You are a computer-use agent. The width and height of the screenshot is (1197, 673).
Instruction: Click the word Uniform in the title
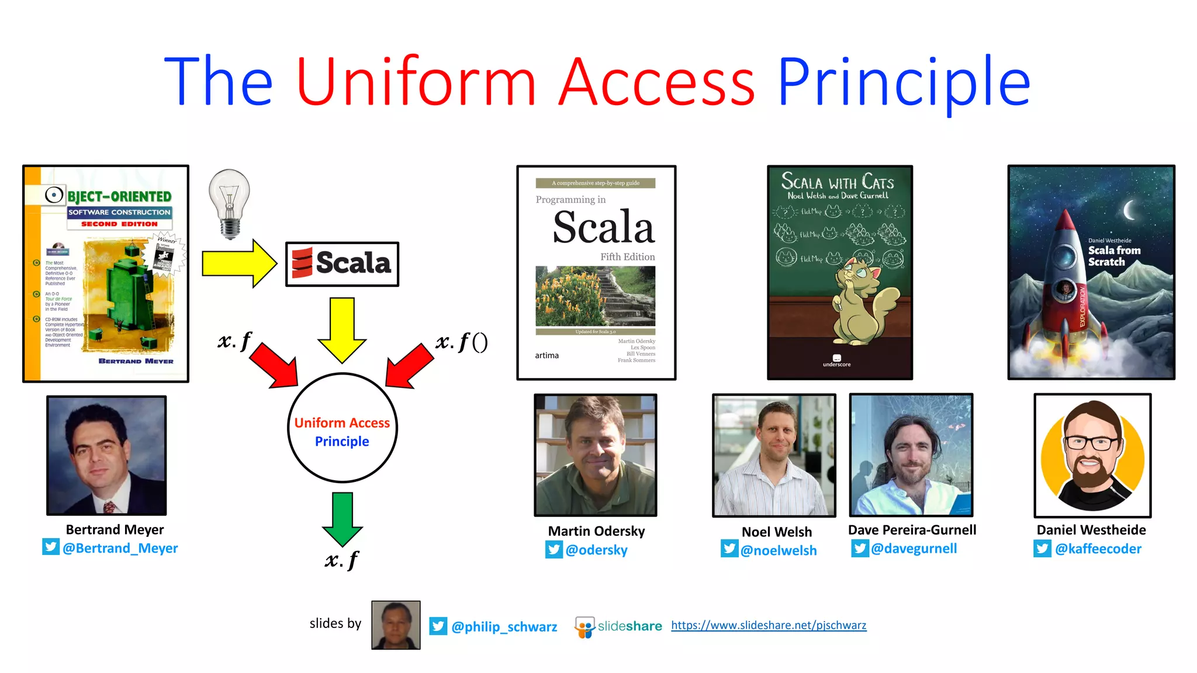[416, 82]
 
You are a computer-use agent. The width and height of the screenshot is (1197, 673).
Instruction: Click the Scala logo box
[342, 264]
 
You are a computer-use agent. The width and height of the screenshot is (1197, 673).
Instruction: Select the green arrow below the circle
[343, 518]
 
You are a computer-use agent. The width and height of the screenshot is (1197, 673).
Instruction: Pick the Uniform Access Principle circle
[343, 428]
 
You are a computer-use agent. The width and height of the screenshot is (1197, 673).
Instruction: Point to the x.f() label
[462, 342]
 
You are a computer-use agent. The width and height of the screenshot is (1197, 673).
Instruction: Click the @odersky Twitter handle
[596, 550]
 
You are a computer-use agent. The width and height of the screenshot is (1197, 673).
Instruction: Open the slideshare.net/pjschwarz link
[769, 625]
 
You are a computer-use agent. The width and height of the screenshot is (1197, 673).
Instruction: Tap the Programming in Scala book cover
[596, 272]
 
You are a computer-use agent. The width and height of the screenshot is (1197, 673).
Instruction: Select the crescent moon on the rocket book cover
[1130, 210]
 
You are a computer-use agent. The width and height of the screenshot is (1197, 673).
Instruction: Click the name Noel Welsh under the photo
[776, 532]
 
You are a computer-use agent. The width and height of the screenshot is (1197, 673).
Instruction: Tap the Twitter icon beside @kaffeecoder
[1042, 549]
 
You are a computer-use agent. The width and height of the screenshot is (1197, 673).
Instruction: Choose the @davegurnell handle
[914, 549]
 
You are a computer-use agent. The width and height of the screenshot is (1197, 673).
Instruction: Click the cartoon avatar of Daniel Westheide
[1092, 456]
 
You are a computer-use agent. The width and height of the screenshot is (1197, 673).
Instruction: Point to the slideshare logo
[618, 626]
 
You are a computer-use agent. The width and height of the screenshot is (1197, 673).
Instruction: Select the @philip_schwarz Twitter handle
[504, 627]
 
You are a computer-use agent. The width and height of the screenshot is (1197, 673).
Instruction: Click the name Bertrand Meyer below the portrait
[115, 529]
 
